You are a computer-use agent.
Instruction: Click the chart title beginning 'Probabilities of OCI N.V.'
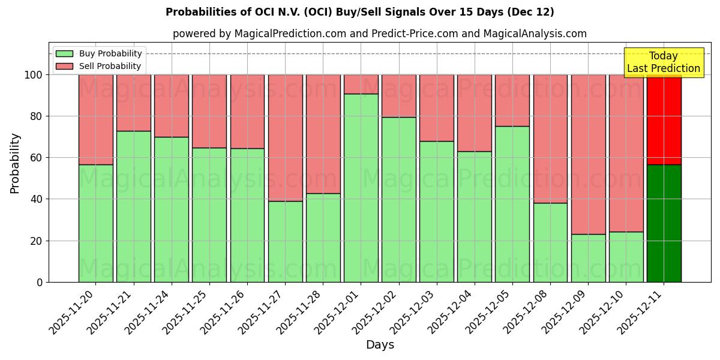tap(359, 12)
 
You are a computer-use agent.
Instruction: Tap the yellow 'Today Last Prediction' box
tap(663, 62)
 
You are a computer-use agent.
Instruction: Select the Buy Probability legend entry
tap(99, 54)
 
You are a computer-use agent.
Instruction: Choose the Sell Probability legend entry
tap(99, 67)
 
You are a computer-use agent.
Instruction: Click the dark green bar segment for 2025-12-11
tap(664, 223)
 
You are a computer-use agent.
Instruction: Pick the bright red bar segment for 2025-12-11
tap(664, 119)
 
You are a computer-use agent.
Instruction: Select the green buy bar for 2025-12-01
tap(361, 188)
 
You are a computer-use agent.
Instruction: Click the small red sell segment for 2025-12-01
tap(361, 84)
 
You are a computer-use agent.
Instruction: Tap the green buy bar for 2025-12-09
tap(588, 258)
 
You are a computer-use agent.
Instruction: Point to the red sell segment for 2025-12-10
tap(626, 153)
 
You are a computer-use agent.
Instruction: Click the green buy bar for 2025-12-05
tap(512, 204)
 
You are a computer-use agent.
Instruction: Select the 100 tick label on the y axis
tap(34, 75)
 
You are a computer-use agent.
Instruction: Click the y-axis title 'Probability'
tap(15, 163)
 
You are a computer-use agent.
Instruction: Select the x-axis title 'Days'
tap(380, 345)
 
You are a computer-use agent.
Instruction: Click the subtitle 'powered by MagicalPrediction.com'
tap(379, 34)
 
